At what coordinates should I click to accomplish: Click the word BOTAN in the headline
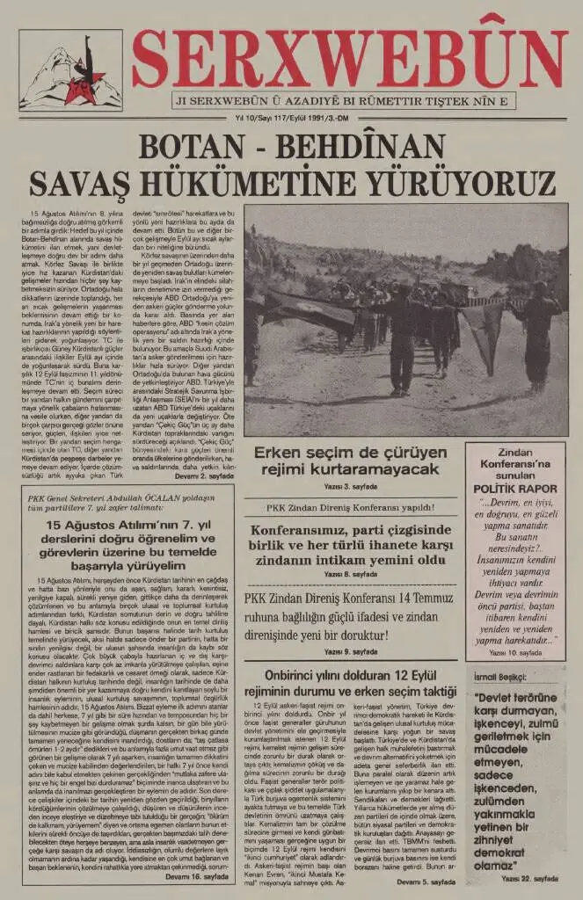pos(189,146)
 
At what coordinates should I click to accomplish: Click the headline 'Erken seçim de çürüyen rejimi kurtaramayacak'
pos(346,461)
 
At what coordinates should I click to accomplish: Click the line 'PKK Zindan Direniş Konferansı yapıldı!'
pos(346,507)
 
